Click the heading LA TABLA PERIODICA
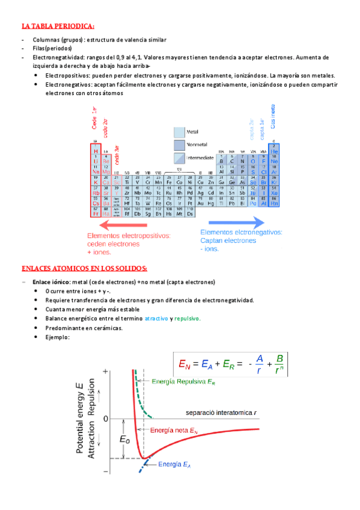coord(58,26)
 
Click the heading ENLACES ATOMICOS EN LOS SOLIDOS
coord(84,268)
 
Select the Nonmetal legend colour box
coord(179,144)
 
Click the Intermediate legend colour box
coord(179,158)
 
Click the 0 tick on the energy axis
coord(106,417)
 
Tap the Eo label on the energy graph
coord(124,440)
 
